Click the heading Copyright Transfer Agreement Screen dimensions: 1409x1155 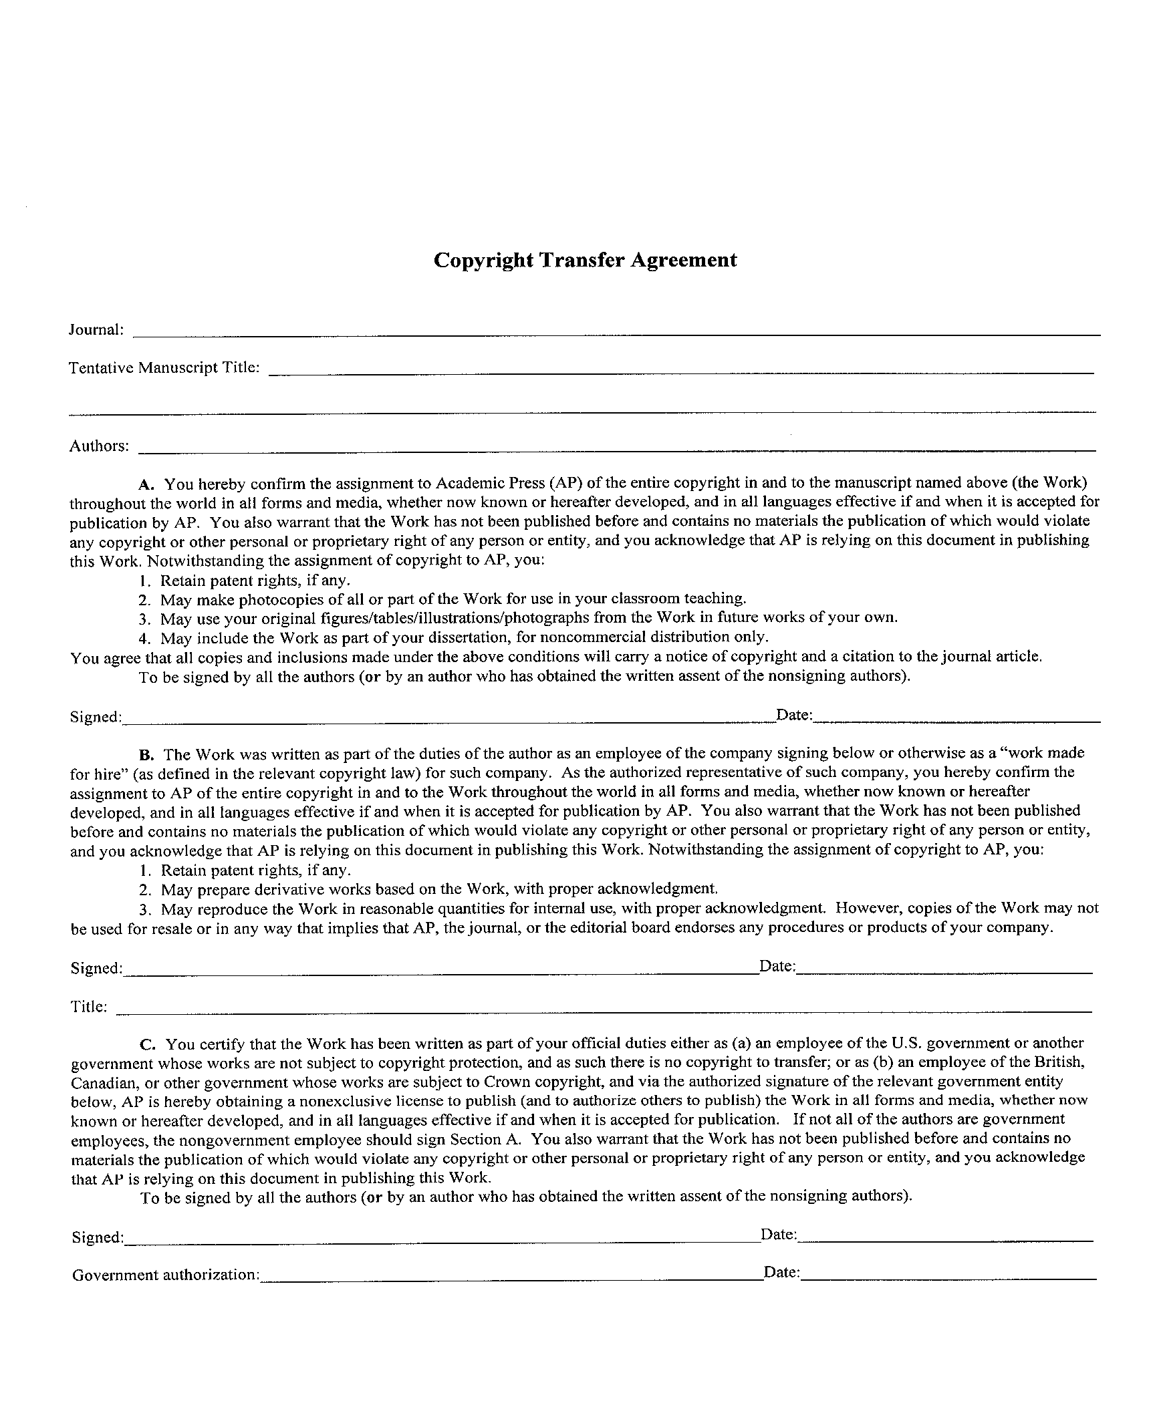pos(585,260)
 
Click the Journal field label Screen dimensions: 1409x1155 pos(96,329)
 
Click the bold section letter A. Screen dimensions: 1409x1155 pos(146,484)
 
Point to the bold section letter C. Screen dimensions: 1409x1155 pos(148,1044)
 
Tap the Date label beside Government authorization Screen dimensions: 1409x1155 pos(781,1273)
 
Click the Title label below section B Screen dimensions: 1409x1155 pos(89,1007)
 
